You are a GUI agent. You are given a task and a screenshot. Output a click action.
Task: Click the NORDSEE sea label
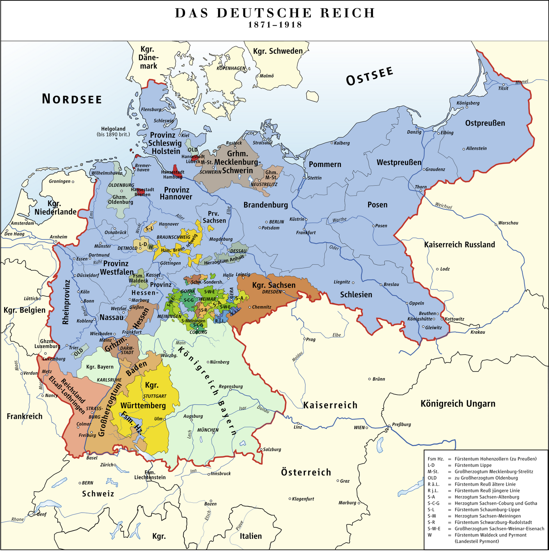[72, 99]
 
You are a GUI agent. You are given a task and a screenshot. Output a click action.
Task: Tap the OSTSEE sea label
[369, 76]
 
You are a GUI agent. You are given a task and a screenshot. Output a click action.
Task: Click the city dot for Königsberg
[467, 107]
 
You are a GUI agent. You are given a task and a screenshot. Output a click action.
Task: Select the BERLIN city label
[277, 222]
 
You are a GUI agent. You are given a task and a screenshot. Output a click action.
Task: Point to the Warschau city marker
[496, 223]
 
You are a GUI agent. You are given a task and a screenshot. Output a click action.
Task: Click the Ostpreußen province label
[485, 123]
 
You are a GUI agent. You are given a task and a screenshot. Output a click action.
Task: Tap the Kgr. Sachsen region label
[274, 285]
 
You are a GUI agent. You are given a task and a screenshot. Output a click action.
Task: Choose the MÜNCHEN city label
[208, 430]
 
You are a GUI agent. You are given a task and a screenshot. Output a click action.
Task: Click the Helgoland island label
[113, 129]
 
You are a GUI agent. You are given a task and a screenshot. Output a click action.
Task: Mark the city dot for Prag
[304, 339]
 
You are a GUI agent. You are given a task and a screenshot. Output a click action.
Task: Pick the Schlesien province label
[356, 294]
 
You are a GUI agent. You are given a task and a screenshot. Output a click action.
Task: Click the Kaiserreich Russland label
[459, 245]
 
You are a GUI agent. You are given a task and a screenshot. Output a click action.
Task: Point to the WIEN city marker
[367, 427]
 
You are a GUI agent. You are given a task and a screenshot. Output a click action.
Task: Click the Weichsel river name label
[443, 206]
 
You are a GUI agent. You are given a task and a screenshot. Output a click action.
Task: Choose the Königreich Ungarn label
[457, 403]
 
